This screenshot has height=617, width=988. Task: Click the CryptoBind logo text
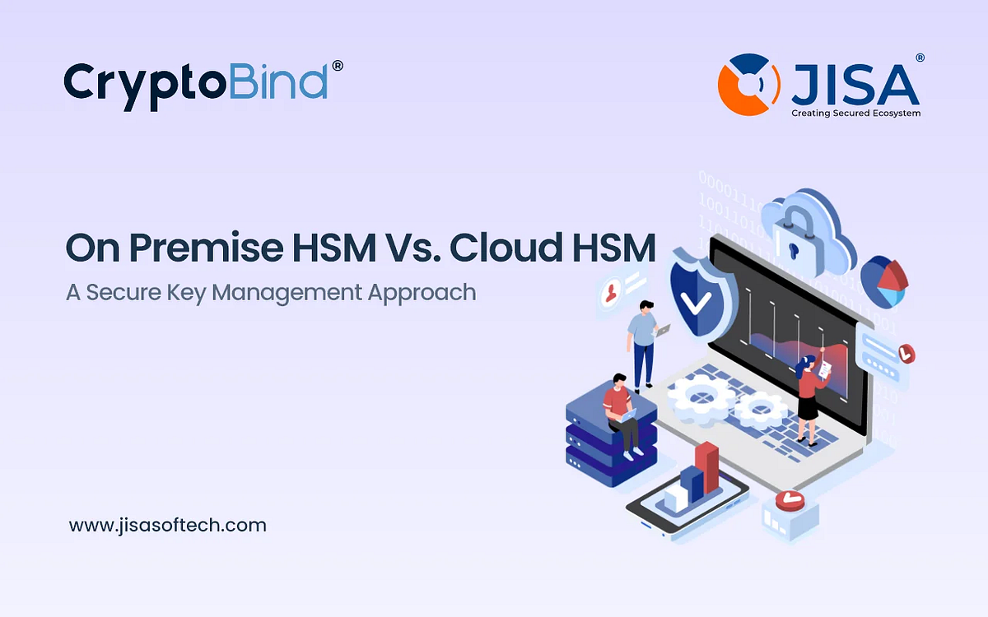(195, 82)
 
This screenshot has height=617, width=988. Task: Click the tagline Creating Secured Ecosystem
(855, 113)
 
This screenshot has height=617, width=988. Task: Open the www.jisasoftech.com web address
(168, 525)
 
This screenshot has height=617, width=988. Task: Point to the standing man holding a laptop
(644, 341)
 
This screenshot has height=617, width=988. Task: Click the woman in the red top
(809, 395)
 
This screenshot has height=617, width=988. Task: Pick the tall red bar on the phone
(706, 469)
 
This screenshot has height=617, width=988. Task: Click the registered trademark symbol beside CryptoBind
(336, 65)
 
